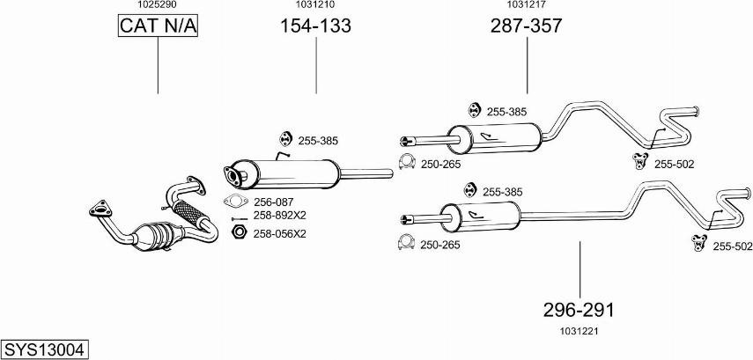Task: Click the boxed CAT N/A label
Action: click(x=159, y=27)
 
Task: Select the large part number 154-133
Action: click(x=315, y=26)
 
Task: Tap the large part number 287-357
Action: click(x=526, y=26)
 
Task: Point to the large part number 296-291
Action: click(x=578, y=311)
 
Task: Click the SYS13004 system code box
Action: click(x=44, y=349)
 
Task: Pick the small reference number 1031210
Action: click(x=314, y=5)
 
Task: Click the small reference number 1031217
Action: click(x=526, y=5)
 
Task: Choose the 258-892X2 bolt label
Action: click(x=279, y=216)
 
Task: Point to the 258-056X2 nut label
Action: click(x=279, y=233)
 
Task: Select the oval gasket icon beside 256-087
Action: click(x=233, y=201)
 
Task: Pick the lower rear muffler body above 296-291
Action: click(x=481, y=217)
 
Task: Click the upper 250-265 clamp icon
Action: click(x=407, y=161)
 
